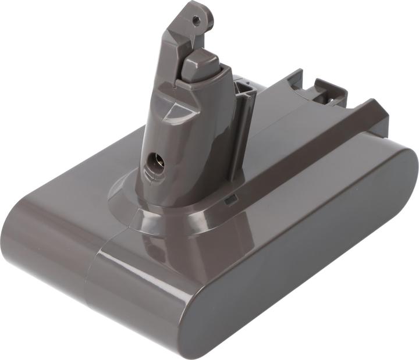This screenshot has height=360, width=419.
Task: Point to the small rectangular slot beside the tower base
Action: click(230, 200)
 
